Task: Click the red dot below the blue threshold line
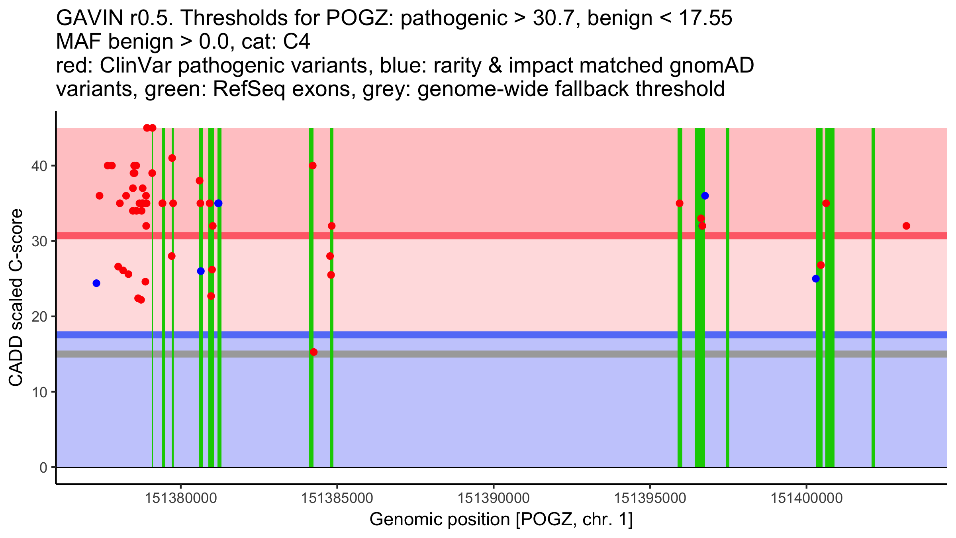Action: [x=313, y=352]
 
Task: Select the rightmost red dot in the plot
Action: [x=906, y=226]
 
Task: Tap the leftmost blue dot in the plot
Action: [x=96, y=283]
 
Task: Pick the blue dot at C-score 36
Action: [x=705, y=196]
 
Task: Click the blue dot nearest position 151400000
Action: [x=816, y=279]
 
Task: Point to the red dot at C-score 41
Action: [x=172, y=158]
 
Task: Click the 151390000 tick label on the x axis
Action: [x=494, y=498]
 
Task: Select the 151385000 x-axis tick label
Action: [x=337, y=498]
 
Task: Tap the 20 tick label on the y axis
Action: [x=39, y=316]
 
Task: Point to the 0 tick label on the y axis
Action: [x=43, y=467]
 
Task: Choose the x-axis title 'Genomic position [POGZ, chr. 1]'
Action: [x=501, y=520]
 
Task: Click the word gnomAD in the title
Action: [x=711, y=65]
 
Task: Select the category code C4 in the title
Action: [x=296, y=42]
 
